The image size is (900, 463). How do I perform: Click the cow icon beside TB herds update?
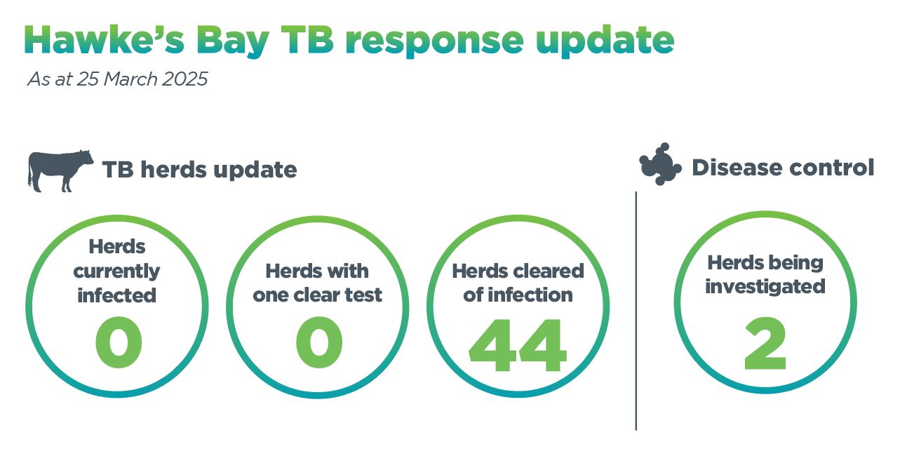(60, 170)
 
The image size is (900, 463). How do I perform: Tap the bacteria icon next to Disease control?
(660, 164)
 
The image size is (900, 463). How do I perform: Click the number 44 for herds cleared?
(518, 345)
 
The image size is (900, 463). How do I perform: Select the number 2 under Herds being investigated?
(765, 344)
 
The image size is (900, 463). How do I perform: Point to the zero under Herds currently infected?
(119, 342)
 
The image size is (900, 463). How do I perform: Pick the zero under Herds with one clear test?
(319, 342)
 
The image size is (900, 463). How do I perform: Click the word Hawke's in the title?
(105, 39)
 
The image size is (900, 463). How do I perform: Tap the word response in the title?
(434, 43)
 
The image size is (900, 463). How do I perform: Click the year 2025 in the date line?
(184, 79)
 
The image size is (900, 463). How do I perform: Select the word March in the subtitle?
(130, 79)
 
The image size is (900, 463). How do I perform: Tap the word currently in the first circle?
(116, 271)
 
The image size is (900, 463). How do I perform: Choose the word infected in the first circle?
(116, 295)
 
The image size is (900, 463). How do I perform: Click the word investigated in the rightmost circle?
(765, 287)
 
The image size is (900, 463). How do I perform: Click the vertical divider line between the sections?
(636, 311)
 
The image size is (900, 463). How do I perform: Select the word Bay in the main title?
(233, 42)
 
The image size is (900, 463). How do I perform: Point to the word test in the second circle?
(363, 295)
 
